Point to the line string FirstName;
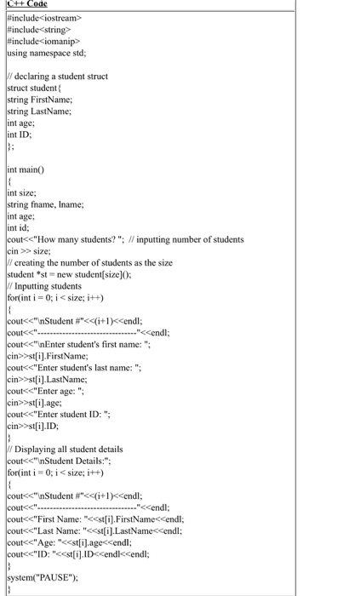(x=39, y=100)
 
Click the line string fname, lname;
(x=46, y=204)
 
